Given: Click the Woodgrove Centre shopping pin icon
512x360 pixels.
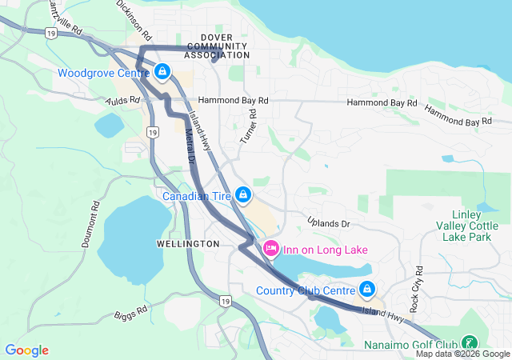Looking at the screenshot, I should (162, 73).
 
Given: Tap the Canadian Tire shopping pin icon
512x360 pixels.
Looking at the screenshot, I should (243, 195).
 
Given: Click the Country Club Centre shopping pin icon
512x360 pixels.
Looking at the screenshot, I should (366, 289).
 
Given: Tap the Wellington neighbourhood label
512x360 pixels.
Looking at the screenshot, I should (188, 243).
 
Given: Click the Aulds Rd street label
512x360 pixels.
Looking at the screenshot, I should (124, 101).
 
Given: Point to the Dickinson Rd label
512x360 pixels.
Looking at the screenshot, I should (134, 20).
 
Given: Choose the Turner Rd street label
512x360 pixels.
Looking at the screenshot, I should (249, 129).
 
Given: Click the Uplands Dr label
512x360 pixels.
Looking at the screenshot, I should (329, 222).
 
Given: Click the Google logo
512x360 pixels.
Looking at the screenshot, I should (26, 350).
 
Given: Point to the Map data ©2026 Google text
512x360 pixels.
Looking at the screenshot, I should (462, 354).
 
